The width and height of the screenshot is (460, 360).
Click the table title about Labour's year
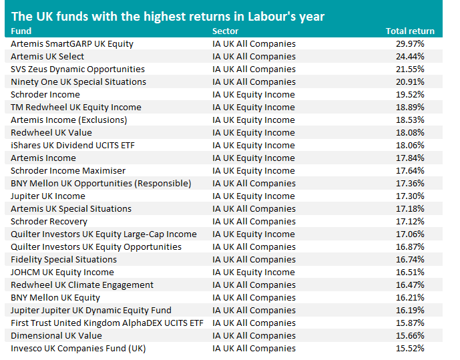tap(168, 17)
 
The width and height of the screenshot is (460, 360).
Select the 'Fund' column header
tap(21, 31)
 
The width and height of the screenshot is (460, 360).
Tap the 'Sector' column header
tap(225, 31)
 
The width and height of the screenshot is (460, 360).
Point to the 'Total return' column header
tap(410, 31)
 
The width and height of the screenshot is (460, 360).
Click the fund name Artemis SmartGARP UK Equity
tap(72, 44)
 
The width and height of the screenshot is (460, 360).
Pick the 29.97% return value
tap(410, 43)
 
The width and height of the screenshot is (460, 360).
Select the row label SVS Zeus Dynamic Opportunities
tap(77, 69)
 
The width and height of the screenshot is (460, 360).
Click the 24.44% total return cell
tap(410, 56)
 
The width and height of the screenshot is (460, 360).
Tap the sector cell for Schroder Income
tap(254, 95)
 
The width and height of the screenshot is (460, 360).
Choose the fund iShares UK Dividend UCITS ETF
tap(73, 145)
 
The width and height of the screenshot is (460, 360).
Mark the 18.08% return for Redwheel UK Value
tap(410, 133)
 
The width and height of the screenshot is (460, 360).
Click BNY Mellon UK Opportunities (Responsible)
tap(101, 184)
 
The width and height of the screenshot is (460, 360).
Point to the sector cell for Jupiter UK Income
tap(254, 196)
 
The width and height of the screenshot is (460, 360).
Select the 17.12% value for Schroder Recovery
tap(410, 222)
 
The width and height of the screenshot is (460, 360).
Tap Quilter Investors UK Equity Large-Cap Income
tap(103, 234)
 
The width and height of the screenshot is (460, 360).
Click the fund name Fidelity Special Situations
tap(63, 260)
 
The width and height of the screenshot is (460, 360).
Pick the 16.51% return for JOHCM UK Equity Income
tap(410, 273)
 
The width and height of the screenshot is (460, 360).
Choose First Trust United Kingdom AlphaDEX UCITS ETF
tap(107, 323)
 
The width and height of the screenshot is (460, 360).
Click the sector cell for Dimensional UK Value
tap(254, 336)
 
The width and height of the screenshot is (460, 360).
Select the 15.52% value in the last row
tap(410, 348)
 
